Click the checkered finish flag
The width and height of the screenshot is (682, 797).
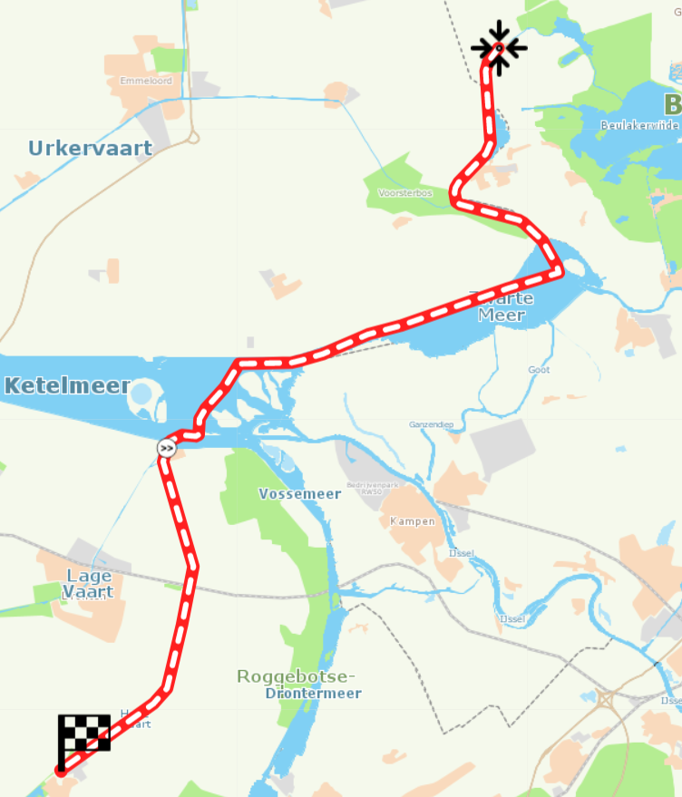pyautogui.click(x=83, y=734)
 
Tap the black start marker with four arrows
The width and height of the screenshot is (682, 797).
pyautogui.click(x=499, y=47)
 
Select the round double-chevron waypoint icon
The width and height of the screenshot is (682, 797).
pyautogui.click(x=166, y=447)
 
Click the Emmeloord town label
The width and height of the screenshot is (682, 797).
pyautogui.click(x=145, y=81)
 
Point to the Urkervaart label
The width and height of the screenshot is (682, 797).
pyautogui.click(x=90, y=147)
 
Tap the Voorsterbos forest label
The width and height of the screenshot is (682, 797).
pyautogui.click(x=405, y=193)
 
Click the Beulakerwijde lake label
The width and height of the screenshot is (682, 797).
pyautogui.click(x=640, y=125)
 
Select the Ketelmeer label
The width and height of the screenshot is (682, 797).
pyautogui.click(x=67, y=386)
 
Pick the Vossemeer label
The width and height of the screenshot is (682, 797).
pyautogui.click(x=299, y=494)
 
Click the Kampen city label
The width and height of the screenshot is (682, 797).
pyautogui.click(x=413, y=521)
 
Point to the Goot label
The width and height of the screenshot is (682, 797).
pyautogui.click(x=539, y=370)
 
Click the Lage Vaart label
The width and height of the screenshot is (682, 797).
pyautogui.click(x=88, y=584)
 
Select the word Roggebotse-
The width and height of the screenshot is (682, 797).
pyautogui.click(x=296, y=676)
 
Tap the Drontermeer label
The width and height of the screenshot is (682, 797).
pyautogui.click(x=313, y=694)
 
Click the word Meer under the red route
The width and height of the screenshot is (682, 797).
pyautogui.click(x=502, y=315)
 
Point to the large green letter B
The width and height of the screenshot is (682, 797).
pyautogui.click(x=672, y=103)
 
